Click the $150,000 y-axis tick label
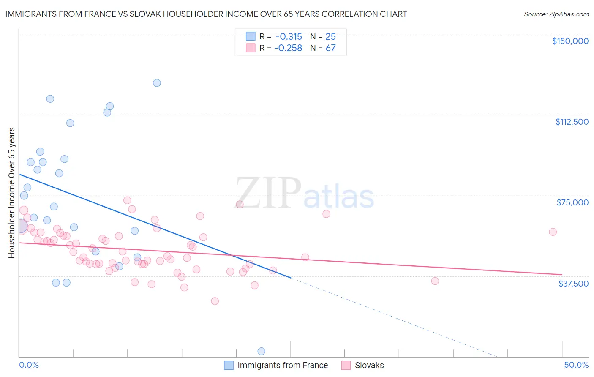(x=570, y=41)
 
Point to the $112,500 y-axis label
(x=572, y=122)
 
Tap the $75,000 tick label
(x=572, y=202)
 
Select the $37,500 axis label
(x=573, y=284)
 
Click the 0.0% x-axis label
(x=29, y=365)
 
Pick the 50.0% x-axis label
(x=576, y=365)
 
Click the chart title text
(x=206, y=14)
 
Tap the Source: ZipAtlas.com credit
(x=556, y=14)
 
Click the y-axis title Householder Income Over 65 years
(x=12, y=192)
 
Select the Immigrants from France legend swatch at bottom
(x=229, y=365)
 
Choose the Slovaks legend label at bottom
(x=369, y=365)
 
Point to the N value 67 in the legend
(x=330, y=48)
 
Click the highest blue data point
(x=157, y=83)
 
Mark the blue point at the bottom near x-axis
(x=261, y=351)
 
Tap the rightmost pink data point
(x=553, y=232)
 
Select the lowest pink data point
(x=215, y=301)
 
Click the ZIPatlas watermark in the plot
(x=305, y=193)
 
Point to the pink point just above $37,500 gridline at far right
(x=435, y=281)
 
